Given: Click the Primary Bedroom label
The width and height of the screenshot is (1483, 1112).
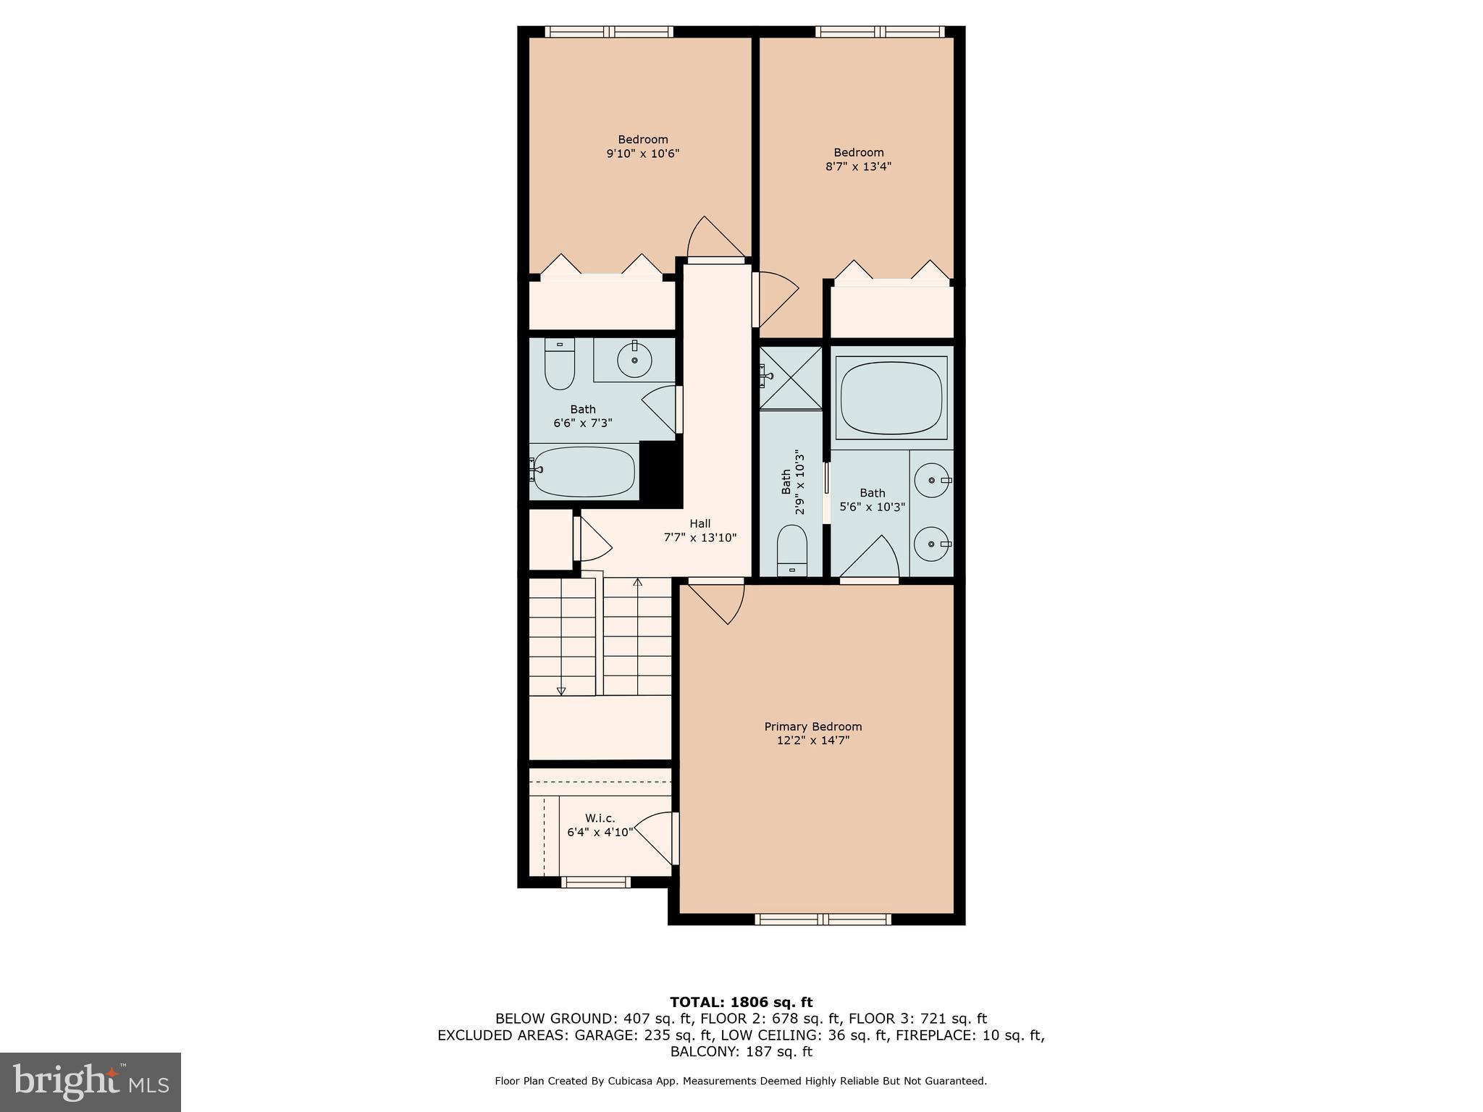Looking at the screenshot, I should click(x=813, y=726).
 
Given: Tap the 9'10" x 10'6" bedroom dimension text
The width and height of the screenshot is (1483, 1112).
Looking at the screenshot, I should click(x=642, y=153).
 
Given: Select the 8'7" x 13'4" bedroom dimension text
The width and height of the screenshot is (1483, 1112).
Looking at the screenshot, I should click(x=858, y=167).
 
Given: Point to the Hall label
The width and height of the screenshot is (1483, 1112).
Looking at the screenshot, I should click(x=700, y=523).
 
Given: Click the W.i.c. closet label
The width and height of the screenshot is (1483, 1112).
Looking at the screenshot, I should click(x=600, y=818).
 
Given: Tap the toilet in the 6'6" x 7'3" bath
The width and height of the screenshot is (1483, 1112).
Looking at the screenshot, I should click(x=559, y=365).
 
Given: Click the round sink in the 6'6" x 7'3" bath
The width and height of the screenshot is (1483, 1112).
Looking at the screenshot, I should click(x=635, y=360).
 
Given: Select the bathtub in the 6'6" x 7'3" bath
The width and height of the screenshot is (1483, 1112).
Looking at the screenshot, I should click(x=583, y=472).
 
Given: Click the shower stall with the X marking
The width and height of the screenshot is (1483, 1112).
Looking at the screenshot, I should click(x=791, y=378).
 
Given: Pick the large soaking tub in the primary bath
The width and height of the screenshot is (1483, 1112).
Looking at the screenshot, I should click(x=891, y=397).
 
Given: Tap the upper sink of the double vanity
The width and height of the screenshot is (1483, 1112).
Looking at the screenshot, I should click(x=931, y=481).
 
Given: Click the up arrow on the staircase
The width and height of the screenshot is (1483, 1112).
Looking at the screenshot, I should click(x=638, y=583).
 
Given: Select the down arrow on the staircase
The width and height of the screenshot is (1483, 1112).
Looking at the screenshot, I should click(x=561, y=691).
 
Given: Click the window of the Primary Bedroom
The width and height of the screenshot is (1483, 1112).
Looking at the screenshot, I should click(x=823, y=919).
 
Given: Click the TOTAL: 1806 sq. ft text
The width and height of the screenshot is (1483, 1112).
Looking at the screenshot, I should click(x=741, y=1002).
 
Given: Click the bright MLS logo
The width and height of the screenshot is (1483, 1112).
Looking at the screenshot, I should click(x=91, y=1082).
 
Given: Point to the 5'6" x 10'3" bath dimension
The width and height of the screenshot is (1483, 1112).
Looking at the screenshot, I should click(x=873, y=507).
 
